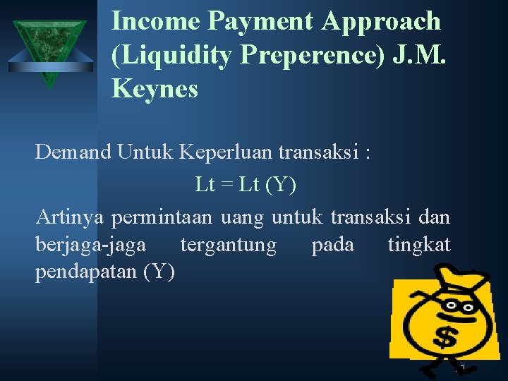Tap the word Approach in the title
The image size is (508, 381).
(x=382, y=23)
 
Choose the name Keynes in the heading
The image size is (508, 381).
(x=155, y=89)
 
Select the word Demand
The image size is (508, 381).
(x=73, y=151)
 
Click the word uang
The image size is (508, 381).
(x=241, y=218)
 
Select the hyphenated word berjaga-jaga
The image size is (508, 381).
(x=91, y=246)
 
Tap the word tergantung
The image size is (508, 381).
(x=229, y=246)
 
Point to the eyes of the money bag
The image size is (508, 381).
(x=459, y=306)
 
